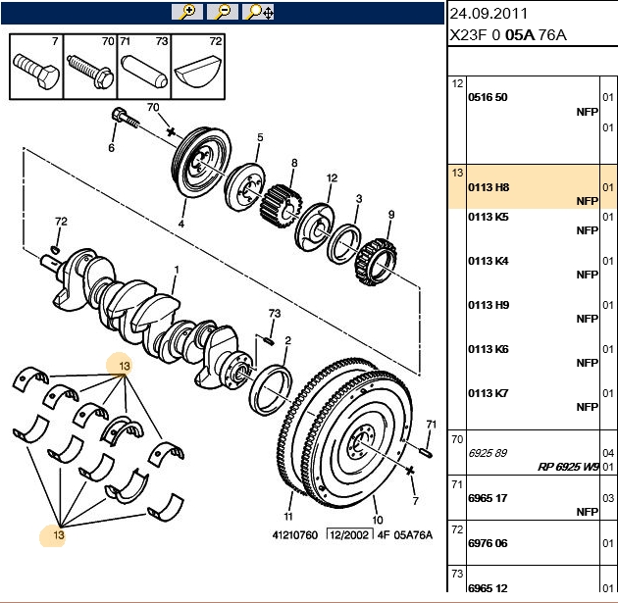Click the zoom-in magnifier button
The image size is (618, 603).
pyautogui.click(x=187, y=12)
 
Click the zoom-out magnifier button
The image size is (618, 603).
pyautogui.click(x=223, y=12)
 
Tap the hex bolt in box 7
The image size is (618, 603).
pyautogui.click(x=36, y=72)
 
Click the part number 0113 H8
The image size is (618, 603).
pyautogui.click(x=489, y=187)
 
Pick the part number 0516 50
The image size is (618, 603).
pyautogui.click(x=488, y=97)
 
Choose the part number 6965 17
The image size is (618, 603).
pyautogui.click(x=488, y=498)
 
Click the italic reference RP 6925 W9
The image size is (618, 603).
pyautogui.click(x=568, y=467)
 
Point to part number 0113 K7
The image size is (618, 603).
pyautogui.click(x=489, y=393)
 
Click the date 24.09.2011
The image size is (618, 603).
pyautogui.click(x=489, y=14)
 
